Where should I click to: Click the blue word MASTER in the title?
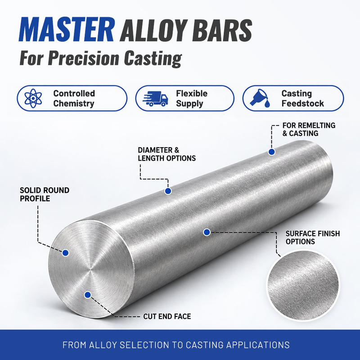66,30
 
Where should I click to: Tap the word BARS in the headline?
222,30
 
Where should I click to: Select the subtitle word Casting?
153,58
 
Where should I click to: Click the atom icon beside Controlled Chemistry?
33,98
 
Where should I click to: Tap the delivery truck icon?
155,99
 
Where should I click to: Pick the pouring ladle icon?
260,98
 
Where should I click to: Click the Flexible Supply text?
192,98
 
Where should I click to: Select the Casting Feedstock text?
302,98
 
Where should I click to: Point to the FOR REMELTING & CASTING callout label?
309,129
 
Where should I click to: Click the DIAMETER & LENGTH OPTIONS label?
166,154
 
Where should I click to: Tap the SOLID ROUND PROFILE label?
45,194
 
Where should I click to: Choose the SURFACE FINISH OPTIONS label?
313,238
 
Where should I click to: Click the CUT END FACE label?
167,316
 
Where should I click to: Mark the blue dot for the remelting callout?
272,152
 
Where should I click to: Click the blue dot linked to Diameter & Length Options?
168,191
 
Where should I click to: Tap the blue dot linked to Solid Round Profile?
65,253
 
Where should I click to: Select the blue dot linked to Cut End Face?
87,295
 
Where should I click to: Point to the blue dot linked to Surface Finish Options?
207,232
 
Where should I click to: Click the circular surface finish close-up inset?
303,285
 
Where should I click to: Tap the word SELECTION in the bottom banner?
144,345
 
